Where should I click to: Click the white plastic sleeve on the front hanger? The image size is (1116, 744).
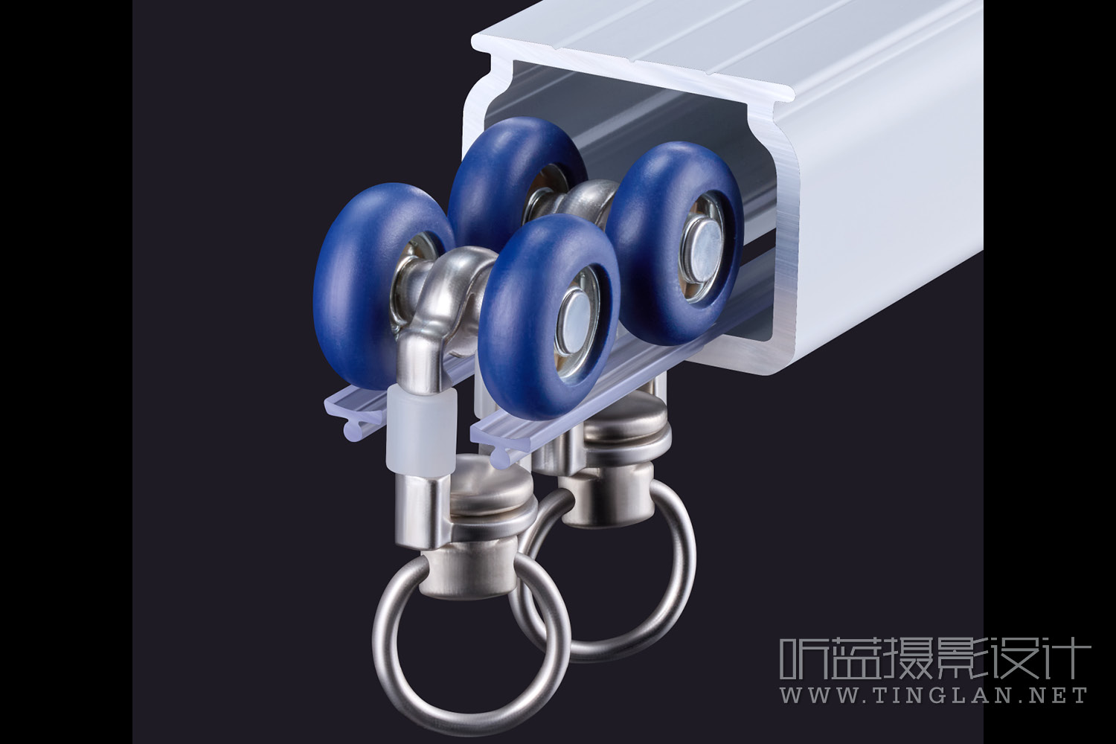tap(422, 431)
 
